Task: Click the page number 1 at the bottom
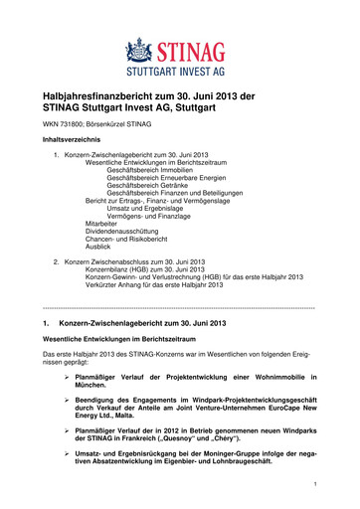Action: (x=313, y=485)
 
